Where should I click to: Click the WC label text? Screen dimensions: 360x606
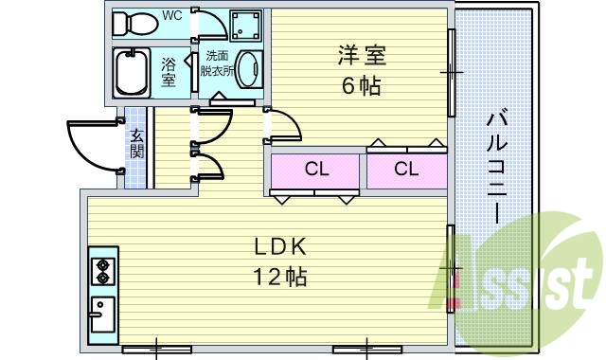click(x=172, y=16)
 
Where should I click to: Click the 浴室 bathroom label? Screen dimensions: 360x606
click(x=169, y=72)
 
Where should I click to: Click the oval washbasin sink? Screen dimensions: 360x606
click(x=247, y=70)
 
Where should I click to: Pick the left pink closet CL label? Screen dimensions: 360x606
click(x=316, y=170)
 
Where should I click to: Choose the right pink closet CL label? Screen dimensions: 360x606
click(x=406, y=170)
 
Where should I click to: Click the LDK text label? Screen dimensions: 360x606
click(x=278, y=248)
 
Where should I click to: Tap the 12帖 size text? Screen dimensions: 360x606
click(x=278, y=278)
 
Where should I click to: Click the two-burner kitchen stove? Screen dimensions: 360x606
click(x=102, y=271)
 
